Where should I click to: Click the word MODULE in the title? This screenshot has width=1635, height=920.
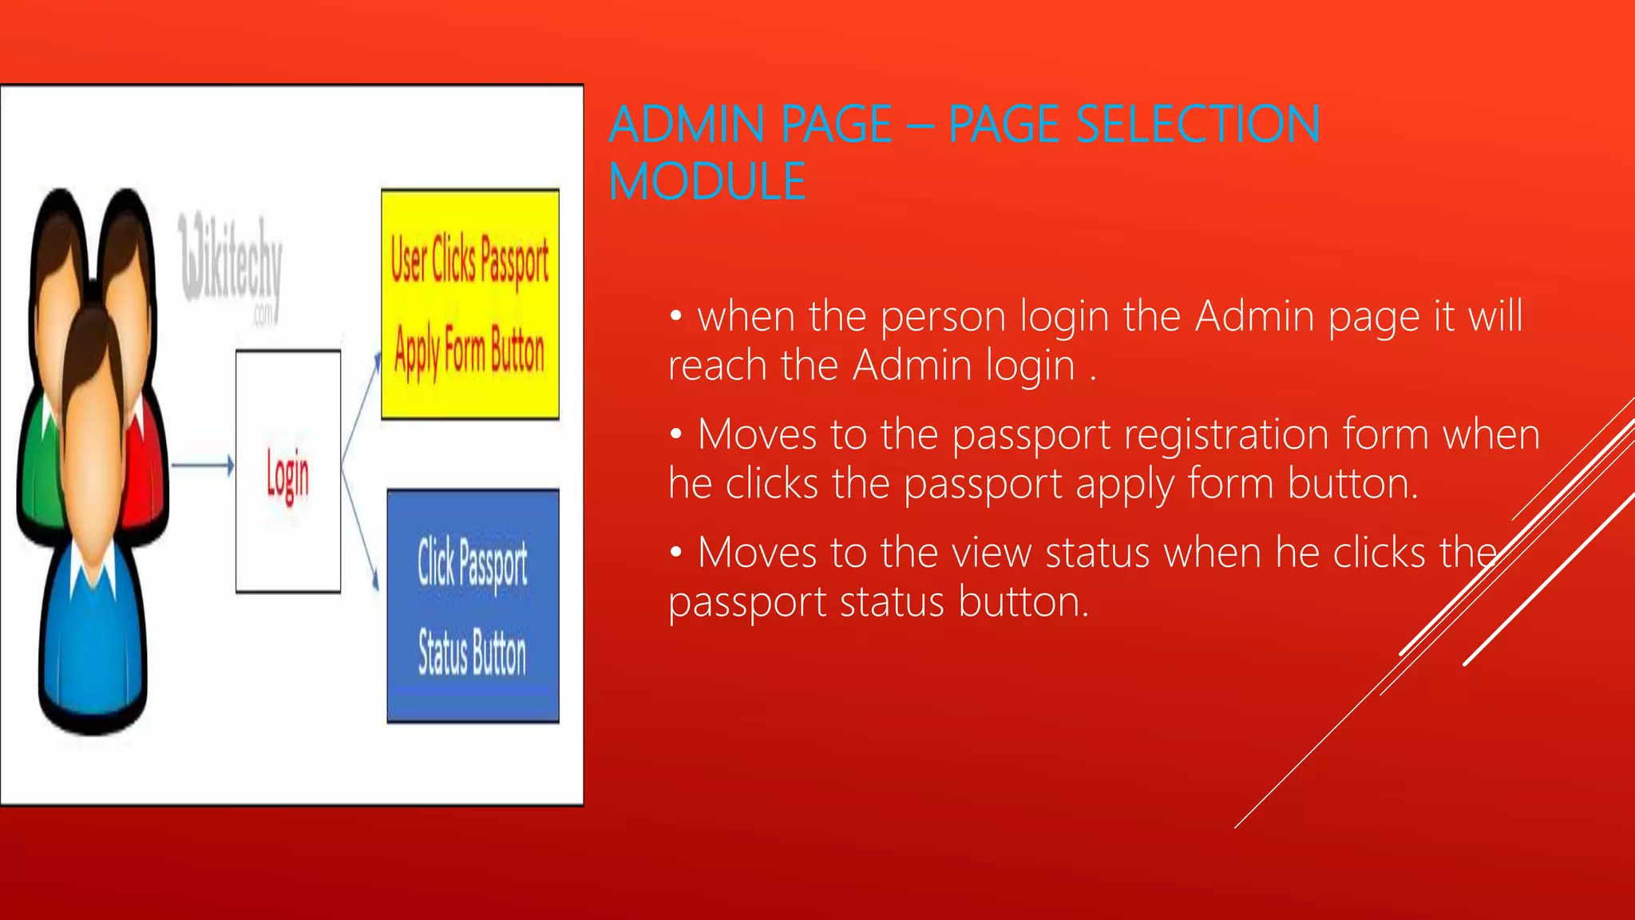tap(707, 181)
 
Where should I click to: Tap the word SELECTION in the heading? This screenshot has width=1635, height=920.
tap(1198, 125)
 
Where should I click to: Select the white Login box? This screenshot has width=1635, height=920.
tap(288, 471)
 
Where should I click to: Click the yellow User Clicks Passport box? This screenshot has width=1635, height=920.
tap(469, 304)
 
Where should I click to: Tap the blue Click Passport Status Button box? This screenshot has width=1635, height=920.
tap(473, 605)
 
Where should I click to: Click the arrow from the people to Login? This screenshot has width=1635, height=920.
tap(203, 465)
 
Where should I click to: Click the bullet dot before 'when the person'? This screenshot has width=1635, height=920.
tap(676, 317)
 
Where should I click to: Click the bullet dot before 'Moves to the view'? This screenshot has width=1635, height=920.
tap(676, 553)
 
